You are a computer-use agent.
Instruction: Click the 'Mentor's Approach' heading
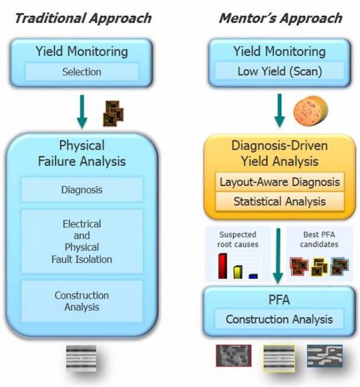(280, 17)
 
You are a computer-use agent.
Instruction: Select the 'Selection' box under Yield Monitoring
(82, 72)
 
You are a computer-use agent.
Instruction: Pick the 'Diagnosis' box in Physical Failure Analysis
(82, 190)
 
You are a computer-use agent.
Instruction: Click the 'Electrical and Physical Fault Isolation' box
(82, 241)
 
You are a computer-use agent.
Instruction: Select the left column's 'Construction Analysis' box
(82, 301)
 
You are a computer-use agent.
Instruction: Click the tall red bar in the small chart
(223, 266)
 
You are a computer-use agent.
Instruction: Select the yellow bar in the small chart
(237, 271)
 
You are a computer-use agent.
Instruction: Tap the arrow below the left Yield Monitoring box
(82, 111)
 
